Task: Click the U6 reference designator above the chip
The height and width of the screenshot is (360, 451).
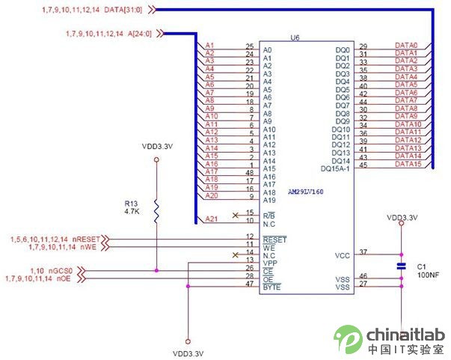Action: (x=295, y=37)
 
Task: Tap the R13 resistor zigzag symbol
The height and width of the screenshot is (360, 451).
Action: (x=156, y=211)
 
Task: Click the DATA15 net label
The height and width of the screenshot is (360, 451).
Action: (x=407, y=165)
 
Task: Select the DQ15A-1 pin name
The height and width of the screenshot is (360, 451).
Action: (x=335, y=168)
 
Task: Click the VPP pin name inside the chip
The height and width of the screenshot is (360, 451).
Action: (x=269, y=263)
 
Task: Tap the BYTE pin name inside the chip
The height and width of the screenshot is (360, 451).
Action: (x=271, y=287)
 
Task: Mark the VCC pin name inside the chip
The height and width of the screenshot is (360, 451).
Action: (x=343, y=255)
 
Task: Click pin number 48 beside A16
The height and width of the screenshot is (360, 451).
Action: (x=250, y=172)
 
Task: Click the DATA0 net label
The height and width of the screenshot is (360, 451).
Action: (x=405, y=45)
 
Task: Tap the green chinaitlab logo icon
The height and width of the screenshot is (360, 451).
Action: (x=349, y=339)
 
